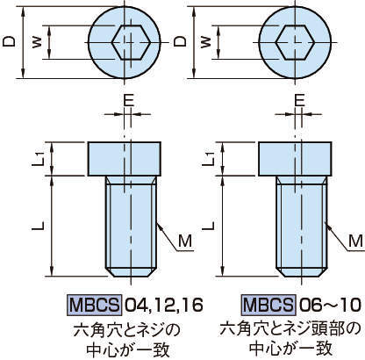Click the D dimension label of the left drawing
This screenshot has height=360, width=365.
pos(9,41)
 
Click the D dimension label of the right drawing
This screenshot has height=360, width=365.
pos(180,41)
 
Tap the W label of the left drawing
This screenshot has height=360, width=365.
pos(37,42)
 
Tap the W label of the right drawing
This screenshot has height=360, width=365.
pos(206,42)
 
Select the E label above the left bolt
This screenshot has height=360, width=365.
pos(128,100)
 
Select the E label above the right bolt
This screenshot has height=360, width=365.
pos(299,100)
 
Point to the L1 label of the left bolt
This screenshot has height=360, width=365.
pos(38,159)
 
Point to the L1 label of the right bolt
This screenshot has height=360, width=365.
pos(209,159)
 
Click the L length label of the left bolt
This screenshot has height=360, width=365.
pos(38,226)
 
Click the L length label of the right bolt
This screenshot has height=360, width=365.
pos(208,226)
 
